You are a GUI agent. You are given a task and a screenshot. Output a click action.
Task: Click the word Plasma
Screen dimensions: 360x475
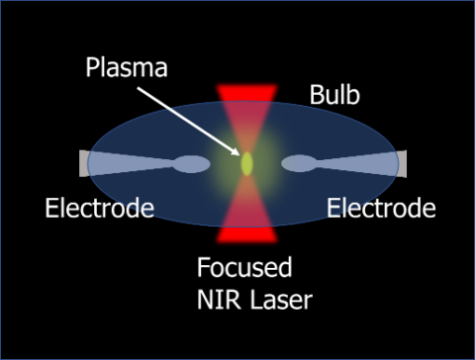[126, 69]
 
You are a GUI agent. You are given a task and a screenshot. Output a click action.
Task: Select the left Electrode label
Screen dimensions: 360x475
[100, 209]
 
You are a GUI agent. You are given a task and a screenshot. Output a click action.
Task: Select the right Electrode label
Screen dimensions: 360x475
[381, 209]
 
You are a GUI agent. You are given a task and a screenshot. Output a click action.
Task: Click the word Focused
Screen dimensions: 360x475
[242, 268]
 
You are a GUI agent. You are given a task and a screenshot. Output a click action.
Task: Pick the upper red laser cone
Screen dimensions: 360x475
[246, 99]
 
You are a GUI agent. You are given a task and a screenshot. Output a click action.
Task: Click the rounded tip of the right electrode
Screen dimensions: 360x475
[299, 163]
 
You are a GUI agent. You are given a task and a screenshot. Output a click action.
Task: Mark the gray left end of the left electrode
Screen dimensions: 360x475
[84, 163]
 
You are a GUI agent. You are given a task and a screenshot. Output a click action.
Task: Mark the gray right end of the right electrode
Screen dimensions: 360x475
[401, 163]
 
